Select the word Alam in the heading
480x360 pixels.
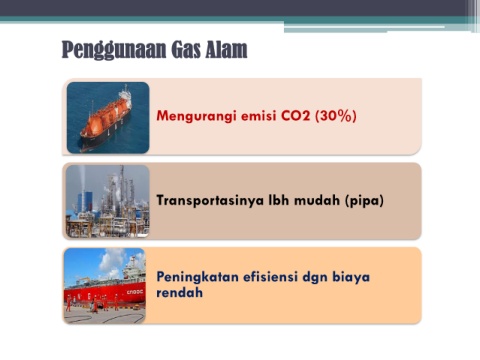click(226, 49)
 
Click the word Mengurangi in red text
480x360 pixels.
click(196, 116)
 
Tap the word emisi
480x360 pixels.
click(258, 116)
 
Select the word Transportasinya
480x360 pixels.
click(210, 201)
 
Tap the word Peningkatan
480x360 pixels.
click(197, 277)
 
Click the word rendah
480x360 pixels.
click(180, 292)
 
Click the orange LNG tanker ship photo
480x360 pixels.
click(108, 118)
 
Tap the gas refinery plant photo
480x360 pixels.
click(107, 201)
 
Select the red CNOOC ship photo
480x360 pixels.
click(105, 286)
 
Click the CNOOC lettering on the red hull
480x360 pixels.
click(134, 292)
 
